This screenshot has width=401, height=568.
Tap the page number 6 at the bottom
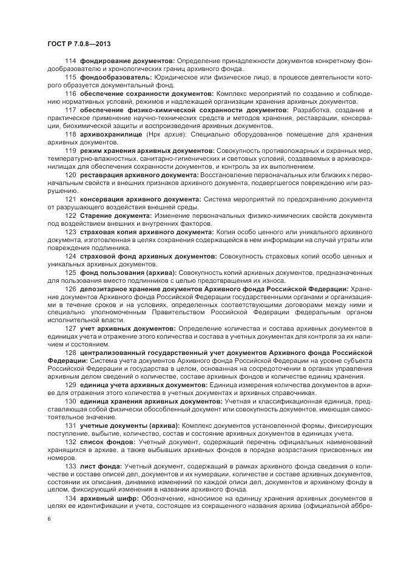49,519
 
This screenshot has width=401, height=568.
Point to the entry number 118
70,134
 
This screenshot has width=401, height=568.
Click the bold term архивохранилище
109,134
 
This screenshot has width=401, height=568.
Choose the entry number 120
70,174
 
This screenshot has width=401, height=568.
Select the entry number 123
70,231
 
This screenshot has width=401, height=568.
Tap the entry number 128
70,353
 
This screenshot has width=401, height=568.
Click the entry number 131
70,425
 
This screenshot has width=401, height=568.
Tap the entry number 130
70,401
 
